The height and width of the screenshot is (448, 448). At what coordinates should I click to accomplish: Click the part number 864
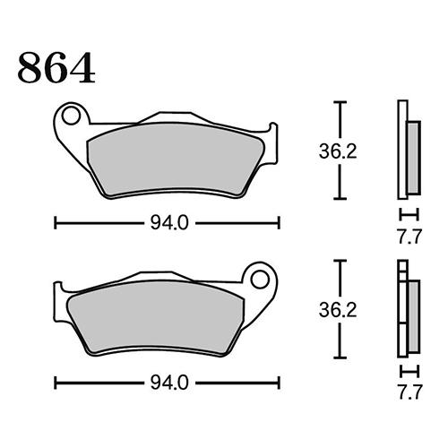pos(56,68)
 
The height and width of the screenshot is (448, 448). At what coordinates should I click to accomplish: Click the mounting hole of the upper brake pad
pos(73,116)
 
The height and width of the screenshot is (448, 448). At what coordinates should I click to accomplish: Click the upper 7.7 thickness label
pos(408,238)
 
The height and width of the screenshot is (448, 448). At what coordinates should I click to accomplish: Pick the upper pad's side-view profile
pos(407,151)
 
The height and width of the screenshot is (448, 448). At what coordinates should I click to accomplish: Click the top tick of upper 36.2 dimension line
pos(339,104)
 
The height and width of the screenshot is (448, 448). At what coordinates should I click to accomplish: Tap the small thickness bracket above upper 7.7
pos(408,214)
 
